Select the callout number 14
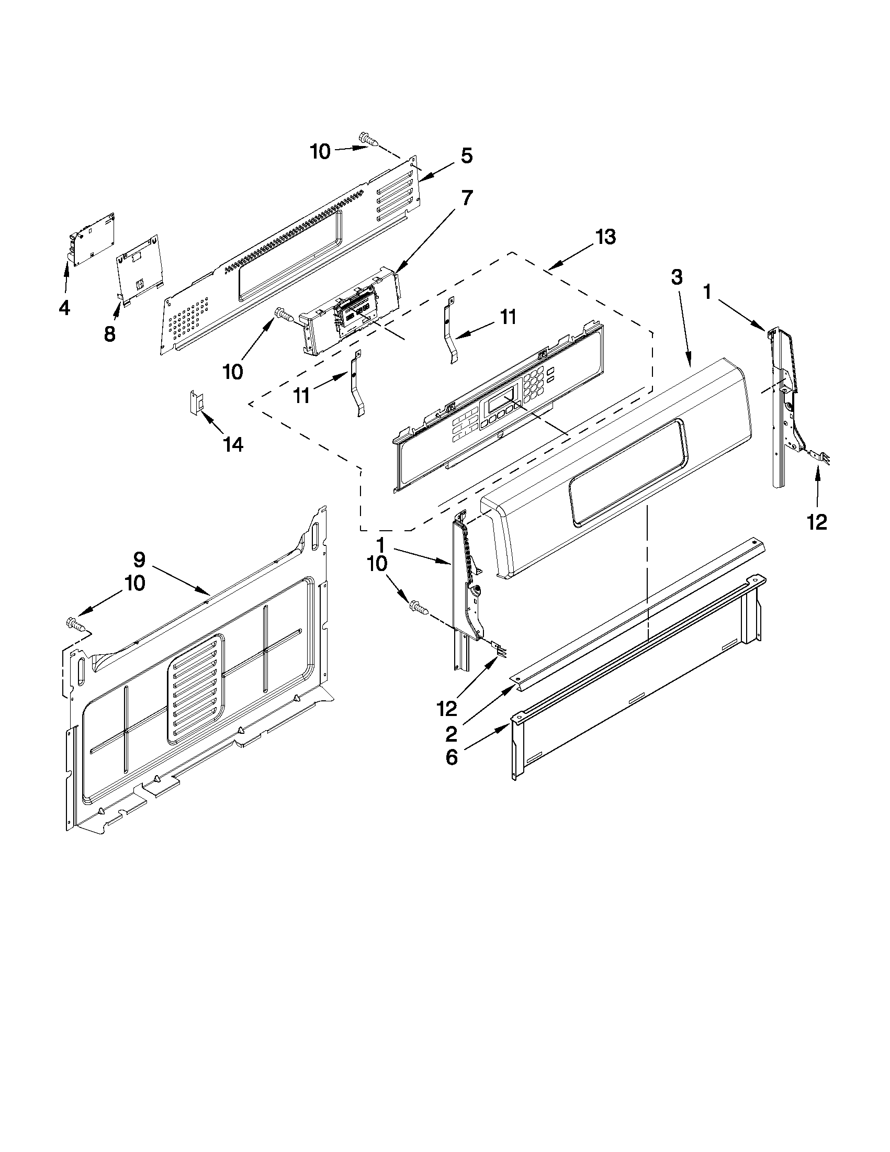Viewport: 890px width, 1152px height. (232, 445)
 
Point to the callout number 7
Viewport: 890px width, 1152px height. (467, 198)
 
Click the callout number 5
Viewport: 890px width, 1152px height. (466, 156)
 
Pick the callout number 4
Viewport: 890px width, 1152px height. (64, 307)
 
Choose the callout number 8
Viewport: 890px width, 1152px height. (109, 333)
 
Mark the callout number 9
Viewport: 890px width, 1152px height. (139, 558)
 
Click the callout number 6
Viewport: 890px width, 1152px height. (452, 758)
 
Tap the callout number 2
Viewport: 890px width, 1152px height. (452, 734)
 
